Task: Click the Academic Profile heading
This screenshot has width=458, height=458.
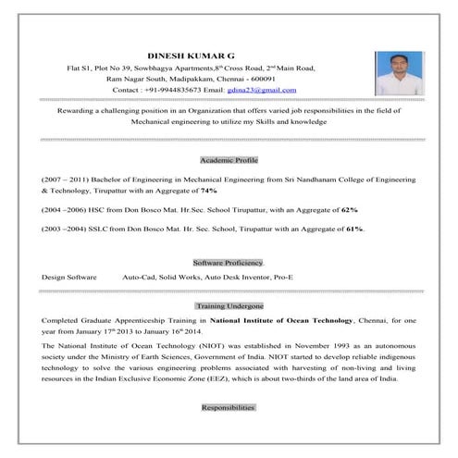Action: [x=229, y=160]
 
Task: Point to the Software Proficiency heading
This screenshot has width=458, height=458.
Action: [x=229, y=262]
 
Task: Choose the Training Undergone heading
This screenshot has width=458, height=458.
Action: [x=229, y=304]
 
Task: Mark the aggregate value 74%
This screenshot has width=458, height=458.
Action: [x=208, y=191]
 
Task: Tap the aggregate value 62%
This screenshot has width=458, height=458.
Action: [x=349, y=209]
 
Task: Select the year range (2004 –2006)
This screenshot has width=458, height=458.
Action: [x=63, y=209]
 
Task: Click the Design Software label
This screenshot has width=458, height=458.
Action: [x=69, y=278]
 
